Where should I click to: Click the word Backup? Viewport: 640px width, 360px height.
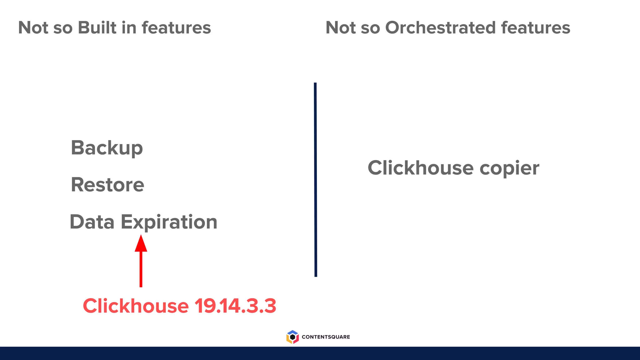pyautogui.click(x=107, y=148)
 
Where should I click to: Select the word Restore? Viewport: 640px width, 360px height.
pyautogui.click(x=107, y=185)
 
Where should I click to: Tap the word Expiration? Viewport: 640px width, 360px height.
pyautogui.click(x=169, y=222)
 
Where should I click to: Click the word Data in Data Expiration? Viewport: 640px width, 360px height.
pyautogui.click(x=92, y=222)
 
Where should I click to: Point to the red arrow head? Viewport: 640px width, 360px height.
pyautogui.click(x=141, y=243)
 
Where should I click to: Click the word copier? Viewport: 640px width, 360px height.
pyautogui.click(x=509, y=168)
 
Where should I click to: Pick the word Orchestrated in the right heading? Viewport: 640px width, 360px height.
pyautogui.click(x=440, y=27)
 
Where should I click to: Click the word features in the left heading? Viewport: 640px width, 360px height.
pyautogui.click(x=176, y=27)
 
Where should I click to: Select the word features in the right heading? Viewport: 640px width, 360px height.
pyautogui.click(x=536, y=27)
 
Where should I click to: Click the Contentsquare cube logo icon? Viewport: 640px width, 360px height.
pyautogui.click(x=292, y=337)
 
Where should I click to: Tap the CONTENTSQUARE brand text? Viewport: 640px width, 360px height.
pyautogui.click(x=326, y=337)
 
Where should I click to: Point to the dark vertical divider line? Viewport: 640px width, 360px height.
pyautogui.click(x=315, y=180)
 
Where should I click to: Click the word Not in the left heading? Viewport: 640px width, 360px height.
pyautogui.click(x=33, y=27)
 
